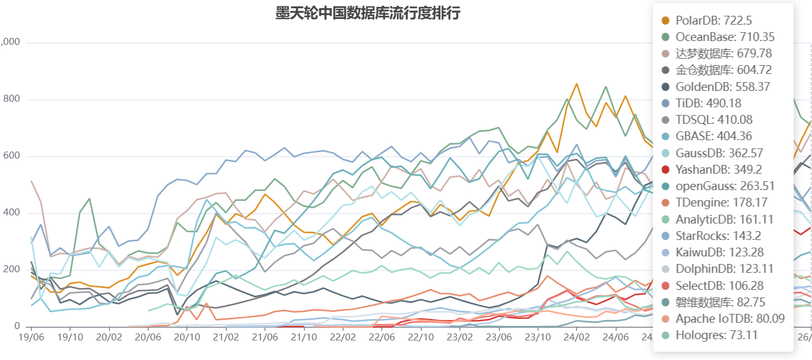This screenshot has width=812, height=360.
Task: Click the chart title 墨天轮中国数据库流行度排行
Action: point(367,13)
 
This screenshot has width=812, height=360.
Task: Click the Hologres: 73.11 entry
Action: point(716,335)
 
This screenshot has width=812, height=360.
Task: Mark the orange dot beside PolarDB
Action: point(665,21)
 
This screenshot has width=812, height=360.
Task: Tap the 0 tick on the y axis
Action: point(18,327)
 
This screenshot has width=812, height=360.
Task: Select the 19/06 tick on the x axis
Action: point(32,338)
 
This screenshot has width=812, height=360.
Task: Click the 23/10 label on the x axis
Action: point(538,338)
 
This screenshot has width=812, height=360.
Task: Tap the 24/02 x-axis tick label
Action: point(576,338)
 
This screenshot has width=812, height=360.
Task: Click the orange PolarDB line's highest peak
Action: point(576,83)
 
